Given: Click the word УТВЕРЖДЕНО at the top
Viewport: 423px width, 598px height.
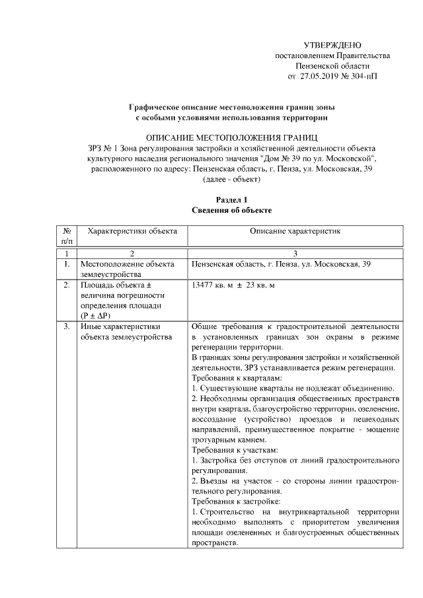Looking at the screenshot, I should tap(332, 46).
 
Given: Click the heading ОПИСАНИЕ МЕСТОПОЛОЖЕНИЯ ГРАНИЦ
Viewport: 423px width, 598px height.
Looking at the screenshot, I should tap(232, 137).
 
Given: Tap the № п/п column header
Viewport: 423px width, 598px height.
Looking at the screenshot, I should tap(66, 237).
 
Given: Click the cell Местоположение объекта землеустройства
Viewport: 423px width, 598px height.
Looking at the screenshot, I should tap(122, 269).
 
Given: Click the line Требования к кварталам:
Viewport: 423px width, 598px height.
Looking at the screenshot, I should tap(231, 379).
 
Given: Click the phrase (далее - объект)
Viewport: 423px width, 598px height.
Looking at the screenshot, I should tap(232, 180).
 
